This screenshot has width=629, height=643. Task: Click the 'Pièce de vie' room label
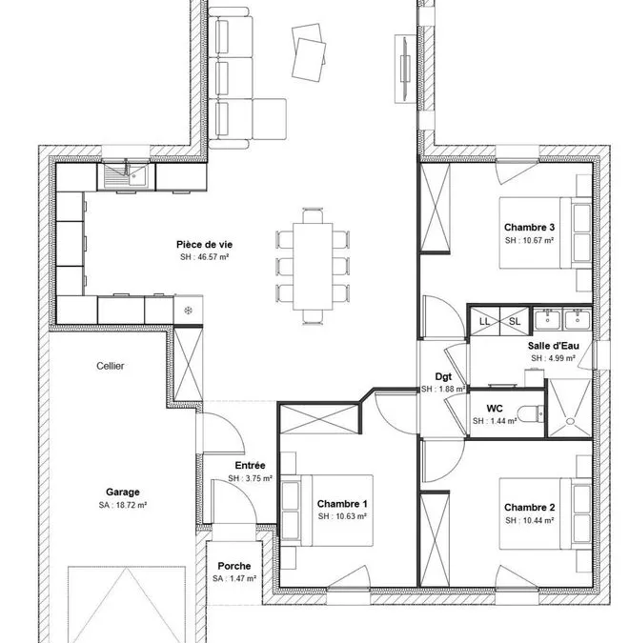pos(204,245)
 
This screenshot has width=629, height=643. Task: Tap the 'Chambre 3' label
pos(529,227)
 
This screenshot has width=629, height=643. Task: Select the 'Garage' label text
pos(123,492)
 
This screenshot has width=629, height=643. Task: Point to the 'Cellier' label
pos(110,366)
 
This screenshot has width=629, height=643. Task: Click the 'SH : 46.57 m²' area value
pos(204,257)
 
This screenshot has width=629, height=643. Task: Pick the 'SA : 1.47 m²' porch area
pos(234,578)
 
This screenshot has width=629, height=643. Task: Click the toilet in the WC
pos(531,413)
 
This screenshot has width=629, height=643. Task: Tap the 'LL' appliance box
pos(484,321)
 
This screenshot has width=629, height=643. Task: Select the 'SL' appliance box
pos(515,321)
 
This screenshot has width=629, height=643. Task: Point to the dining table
pos(313,266)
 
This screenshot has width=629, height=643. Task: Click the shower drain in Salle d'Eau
pos(570,421)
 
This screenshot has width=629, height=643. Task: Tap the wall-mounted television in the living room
pos(405,69)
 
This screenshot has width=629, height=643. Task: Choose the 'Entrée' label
pos(250,466)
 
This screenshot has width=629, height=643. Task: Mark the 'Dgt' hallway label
pos(443,377)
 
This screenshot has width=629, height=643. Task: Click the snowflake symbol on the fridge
pos(188,311)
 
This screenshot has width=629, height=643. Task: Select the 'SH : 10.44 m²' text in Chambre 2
pos(530,520)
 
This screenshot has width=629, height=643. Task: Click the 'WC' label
pos(495,409)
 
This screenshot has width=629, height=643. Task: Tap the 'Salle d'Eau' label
pos(554,346)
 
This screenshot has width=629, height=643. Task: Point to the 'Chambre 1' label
pos(342,504)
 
